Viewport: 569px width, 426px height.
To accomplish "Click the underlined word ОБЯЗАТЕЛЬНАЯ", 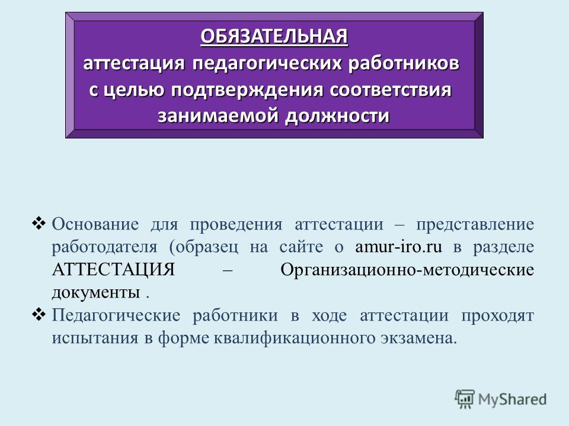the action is [x=274, y=37].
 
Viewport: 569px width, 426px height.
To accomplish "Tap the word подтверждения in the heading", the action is [x=247, y=90].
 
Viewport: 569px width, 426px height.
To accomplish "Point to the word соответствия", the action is [x=391, y=90].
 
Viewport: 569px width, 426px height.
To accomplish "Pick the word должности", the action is [x=337, y=117].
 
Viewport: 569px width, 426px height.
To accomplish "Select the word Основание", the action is [x=95, y=224].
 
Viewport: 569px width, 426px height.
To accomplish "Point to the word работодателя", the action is [x=104, y=248].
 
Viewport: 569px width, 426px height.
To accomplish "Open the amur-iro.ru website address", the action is [x=398, y=247].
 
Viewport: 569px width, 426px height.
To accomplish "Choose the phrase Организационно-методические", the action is [x=407, y=270].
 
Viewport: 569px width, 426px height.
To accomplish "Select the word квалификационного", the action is [x=295, y=338].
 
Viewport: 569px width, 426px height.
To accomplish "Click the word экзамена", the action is [x=419, y=338].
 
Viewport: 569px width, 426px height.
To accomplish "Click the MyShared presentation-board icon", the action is [x=465, y=399].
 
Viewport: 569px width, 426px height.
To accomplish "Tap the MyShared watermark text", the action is [x=512, y=399].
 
